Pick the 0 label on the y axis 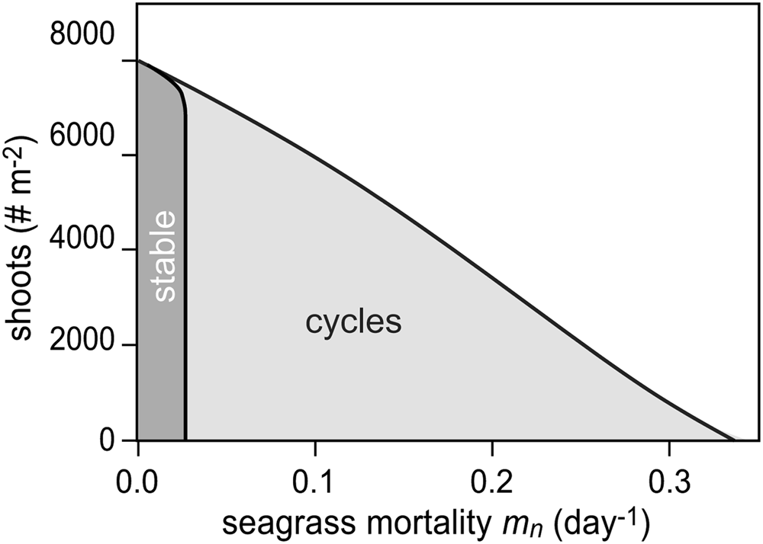[110, 440]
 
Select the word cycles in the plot [353, 323]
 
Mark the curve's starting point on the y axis [138, 60]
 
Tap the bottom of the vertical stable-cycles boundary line [185, 439]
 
